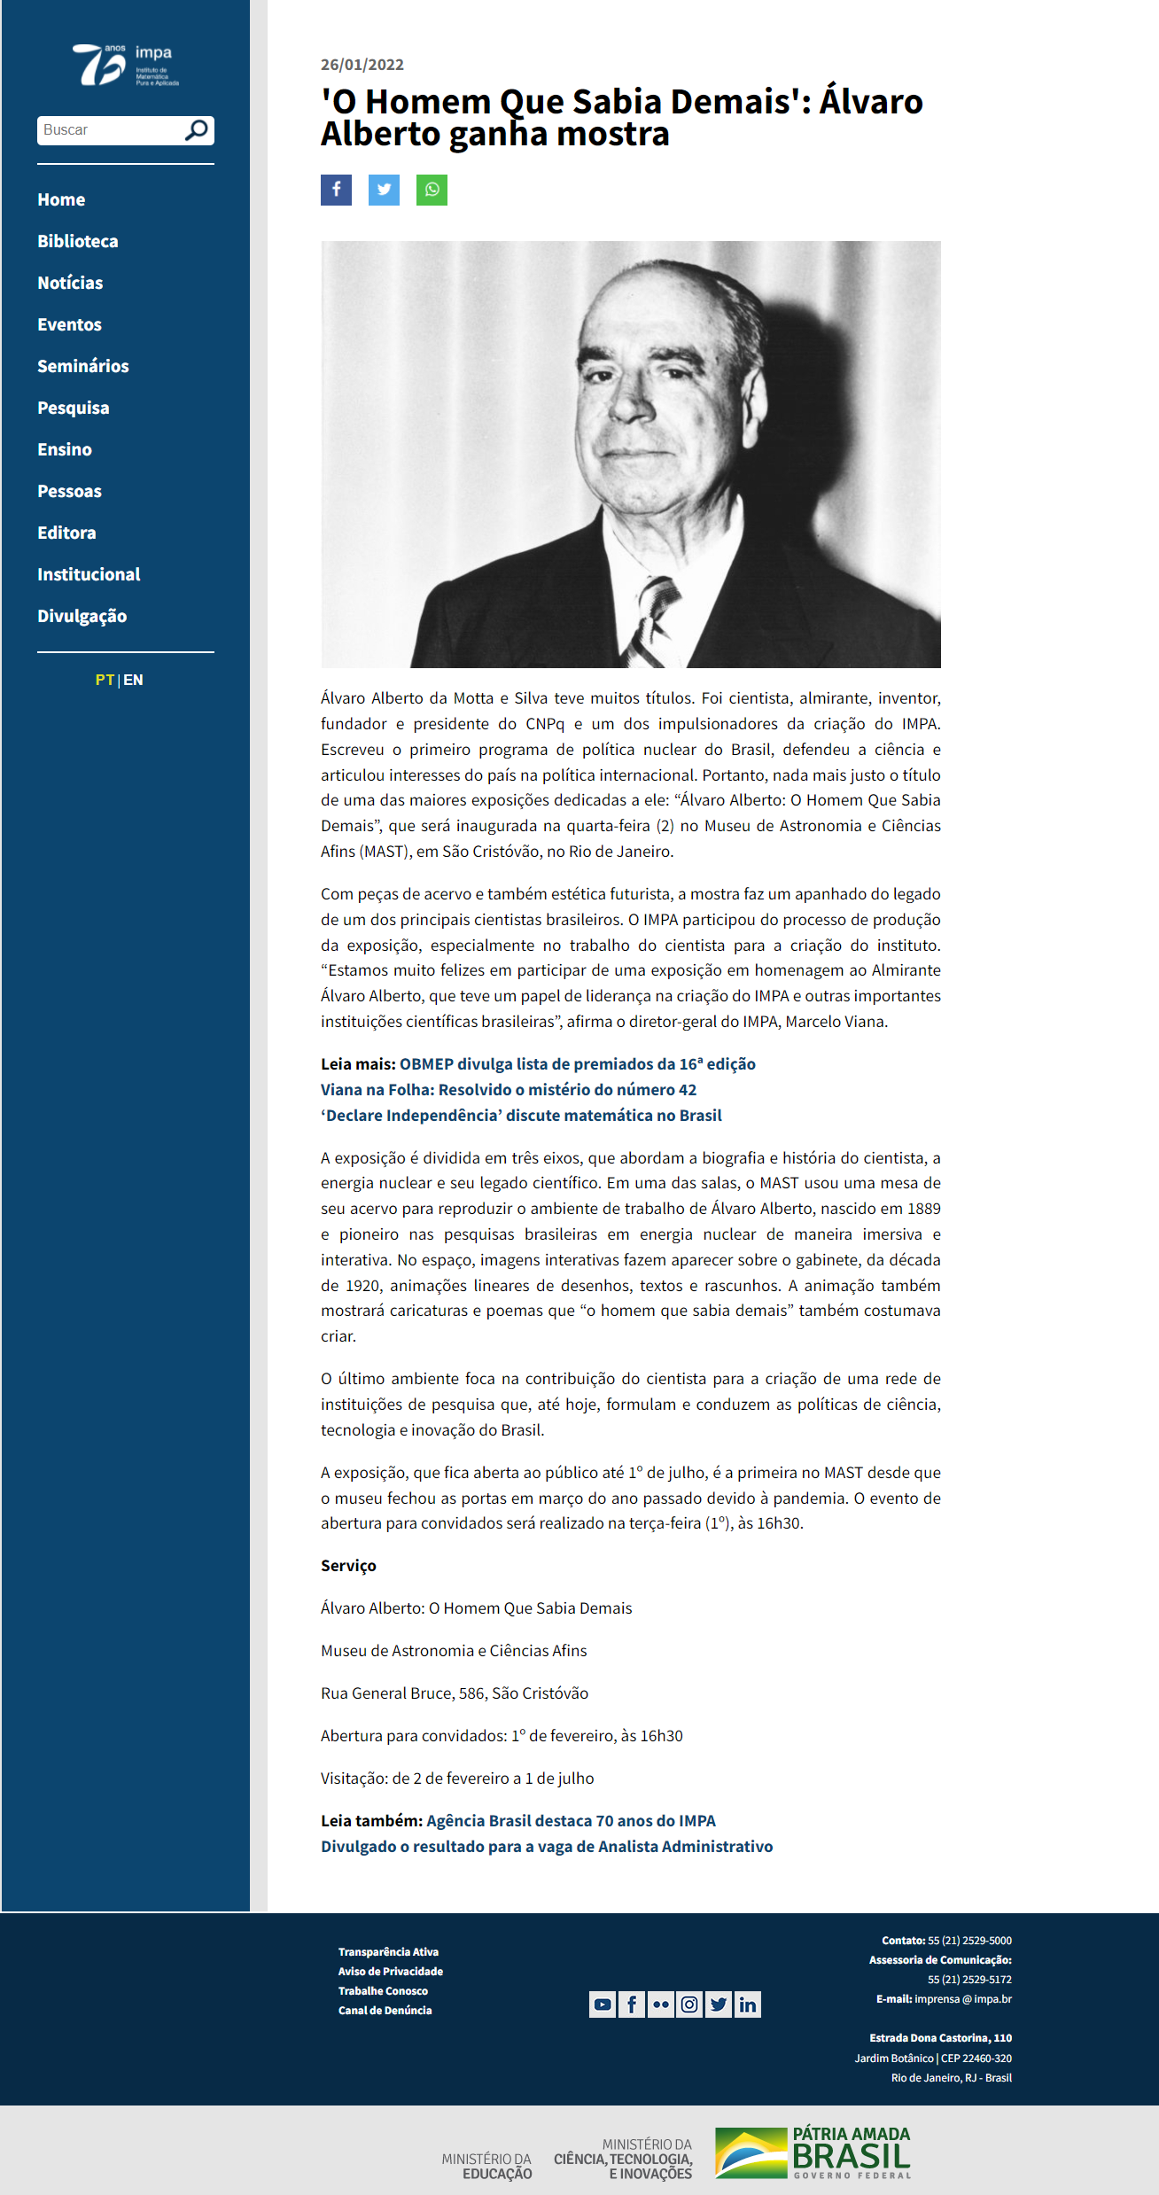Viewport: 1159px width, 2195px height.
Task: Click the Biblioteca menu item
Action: [77, 241]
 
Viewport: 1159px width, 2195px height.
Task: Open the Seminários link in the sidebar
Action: [82, 366]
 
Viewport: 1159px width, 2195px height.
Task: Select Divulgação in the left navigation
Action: [82, 616]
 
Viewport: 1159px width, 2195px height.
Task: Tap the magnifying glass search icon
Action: [196, 130]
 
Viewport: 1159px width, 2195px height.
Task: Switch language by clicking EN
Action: [133, 680]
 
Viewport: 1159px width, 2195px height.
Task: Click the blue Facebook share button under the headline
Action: [336, 190]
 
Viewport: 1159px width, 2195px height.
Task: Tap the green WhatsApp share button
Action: [432, 190]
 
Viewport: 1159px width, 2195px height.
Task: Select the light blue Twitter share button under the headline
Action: [384, 190]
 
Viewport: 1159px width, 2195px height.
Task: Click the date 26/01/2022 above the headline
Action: [362, 65]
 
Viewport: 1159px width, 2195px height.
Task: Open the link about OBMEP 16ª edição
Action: [577, 1063]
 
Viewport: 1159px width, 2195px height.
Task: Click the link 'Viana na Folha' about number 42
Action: [509, 1089]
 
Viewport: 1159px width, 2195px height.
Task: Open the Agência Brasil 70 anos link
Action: [571, 1820]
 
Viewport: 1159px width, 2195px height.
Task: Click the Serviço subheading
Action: [348, 1565]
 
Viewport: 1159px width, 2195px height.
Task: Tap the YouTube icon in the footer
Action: [603, 2004]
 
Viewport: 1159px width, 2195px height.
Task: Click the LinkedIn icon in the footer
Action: [748, 2004]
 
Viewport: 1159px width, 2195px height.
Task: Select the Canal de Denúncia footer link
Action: [385, 2010]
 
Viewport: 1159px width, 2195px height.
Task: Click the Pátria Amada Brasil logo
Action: [813, 2152]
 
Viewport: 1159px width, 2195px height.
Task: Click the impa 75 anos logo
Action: [125, 65]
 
